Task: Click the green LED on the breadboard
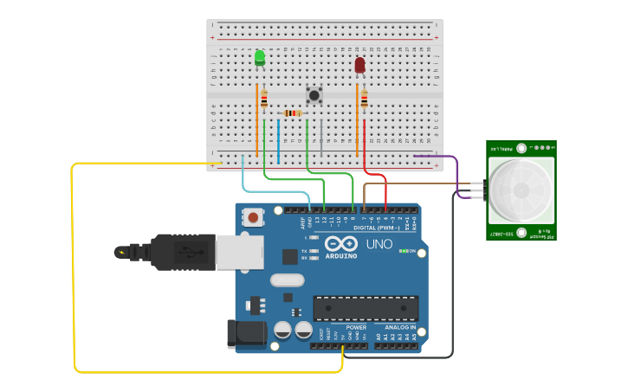(260, 58)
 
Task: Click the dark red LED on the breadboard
(359, 65)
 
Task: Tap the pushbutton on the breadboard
(314, 94)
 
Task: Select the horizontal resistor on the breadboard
(293, 113)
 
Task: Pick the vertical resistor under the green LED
(264, 98)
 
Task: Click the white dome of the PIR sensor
(521, 190)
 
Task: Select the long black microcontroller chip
(366, 308)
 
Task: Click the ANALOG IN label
(399, 328)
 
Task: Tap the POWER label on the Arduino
(356, 328)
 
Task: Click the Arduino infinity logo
(342, 244)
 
